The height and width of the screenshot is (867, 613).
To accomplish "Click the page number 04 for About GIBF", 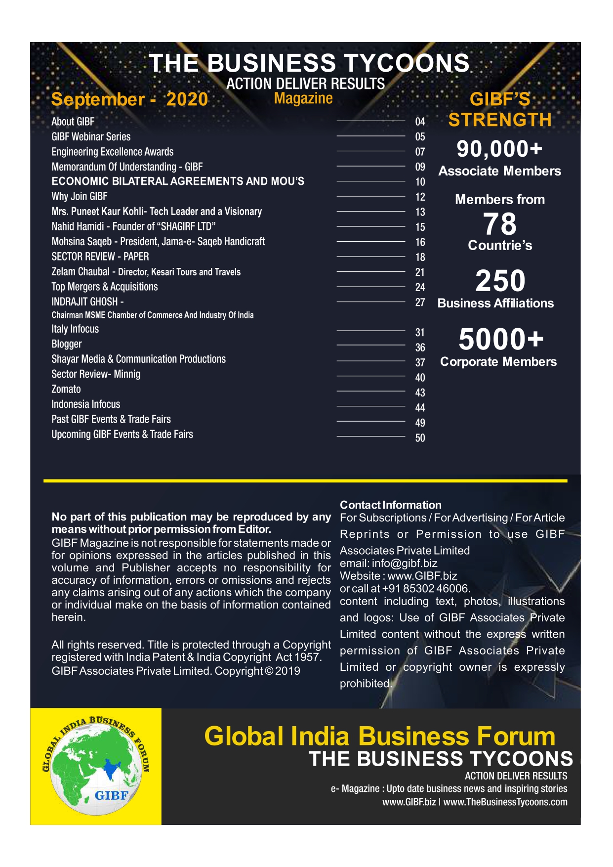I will tap(420, 122).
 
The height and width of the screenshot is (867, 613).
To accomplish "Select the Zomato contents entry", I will tap(66, 390).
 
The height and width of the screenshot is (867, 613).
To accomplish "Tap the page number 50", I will tap(420, 438).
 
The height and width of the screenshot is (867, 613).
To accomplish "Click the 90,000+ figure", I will tap(499, 149).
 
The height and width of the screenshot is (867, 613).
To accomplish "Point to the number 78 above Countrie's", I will tap(500, 224).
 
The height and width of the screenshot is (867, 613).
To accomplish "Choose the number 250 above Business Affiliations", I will tap(500, 281).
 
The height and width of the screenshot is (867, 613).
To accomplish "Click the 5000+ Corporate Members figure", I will tap(500, 340).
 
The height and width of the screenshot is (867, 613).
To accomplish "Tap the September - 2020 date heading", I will tap(129, 99).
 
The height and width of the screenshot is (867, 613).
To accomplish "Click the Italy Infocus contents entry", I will tap(75, 329).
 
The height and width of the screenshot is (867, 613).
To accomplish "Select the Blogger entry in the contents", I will tap(67, 344).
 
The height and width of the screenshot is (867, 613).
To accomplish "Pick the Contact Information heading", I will tap(390, 505).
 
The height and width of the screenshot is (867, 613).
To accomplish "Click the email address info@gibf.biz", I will tap(405, 563).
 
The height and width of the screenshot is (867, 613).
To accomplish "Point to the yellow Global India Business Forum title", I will tap(379, 736).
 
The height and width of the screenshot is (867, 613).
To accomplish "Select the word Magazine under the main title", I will tap(303, 98).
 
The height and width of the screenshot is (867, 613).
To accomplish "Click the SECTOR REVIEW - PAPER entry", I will tap(100, 257).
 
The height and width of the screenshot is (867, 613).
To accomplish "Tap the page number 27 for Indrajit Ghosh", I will tap(420, 303).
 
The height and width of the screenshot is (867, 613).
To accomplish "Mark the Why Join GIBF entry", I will tap(80, 197).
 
